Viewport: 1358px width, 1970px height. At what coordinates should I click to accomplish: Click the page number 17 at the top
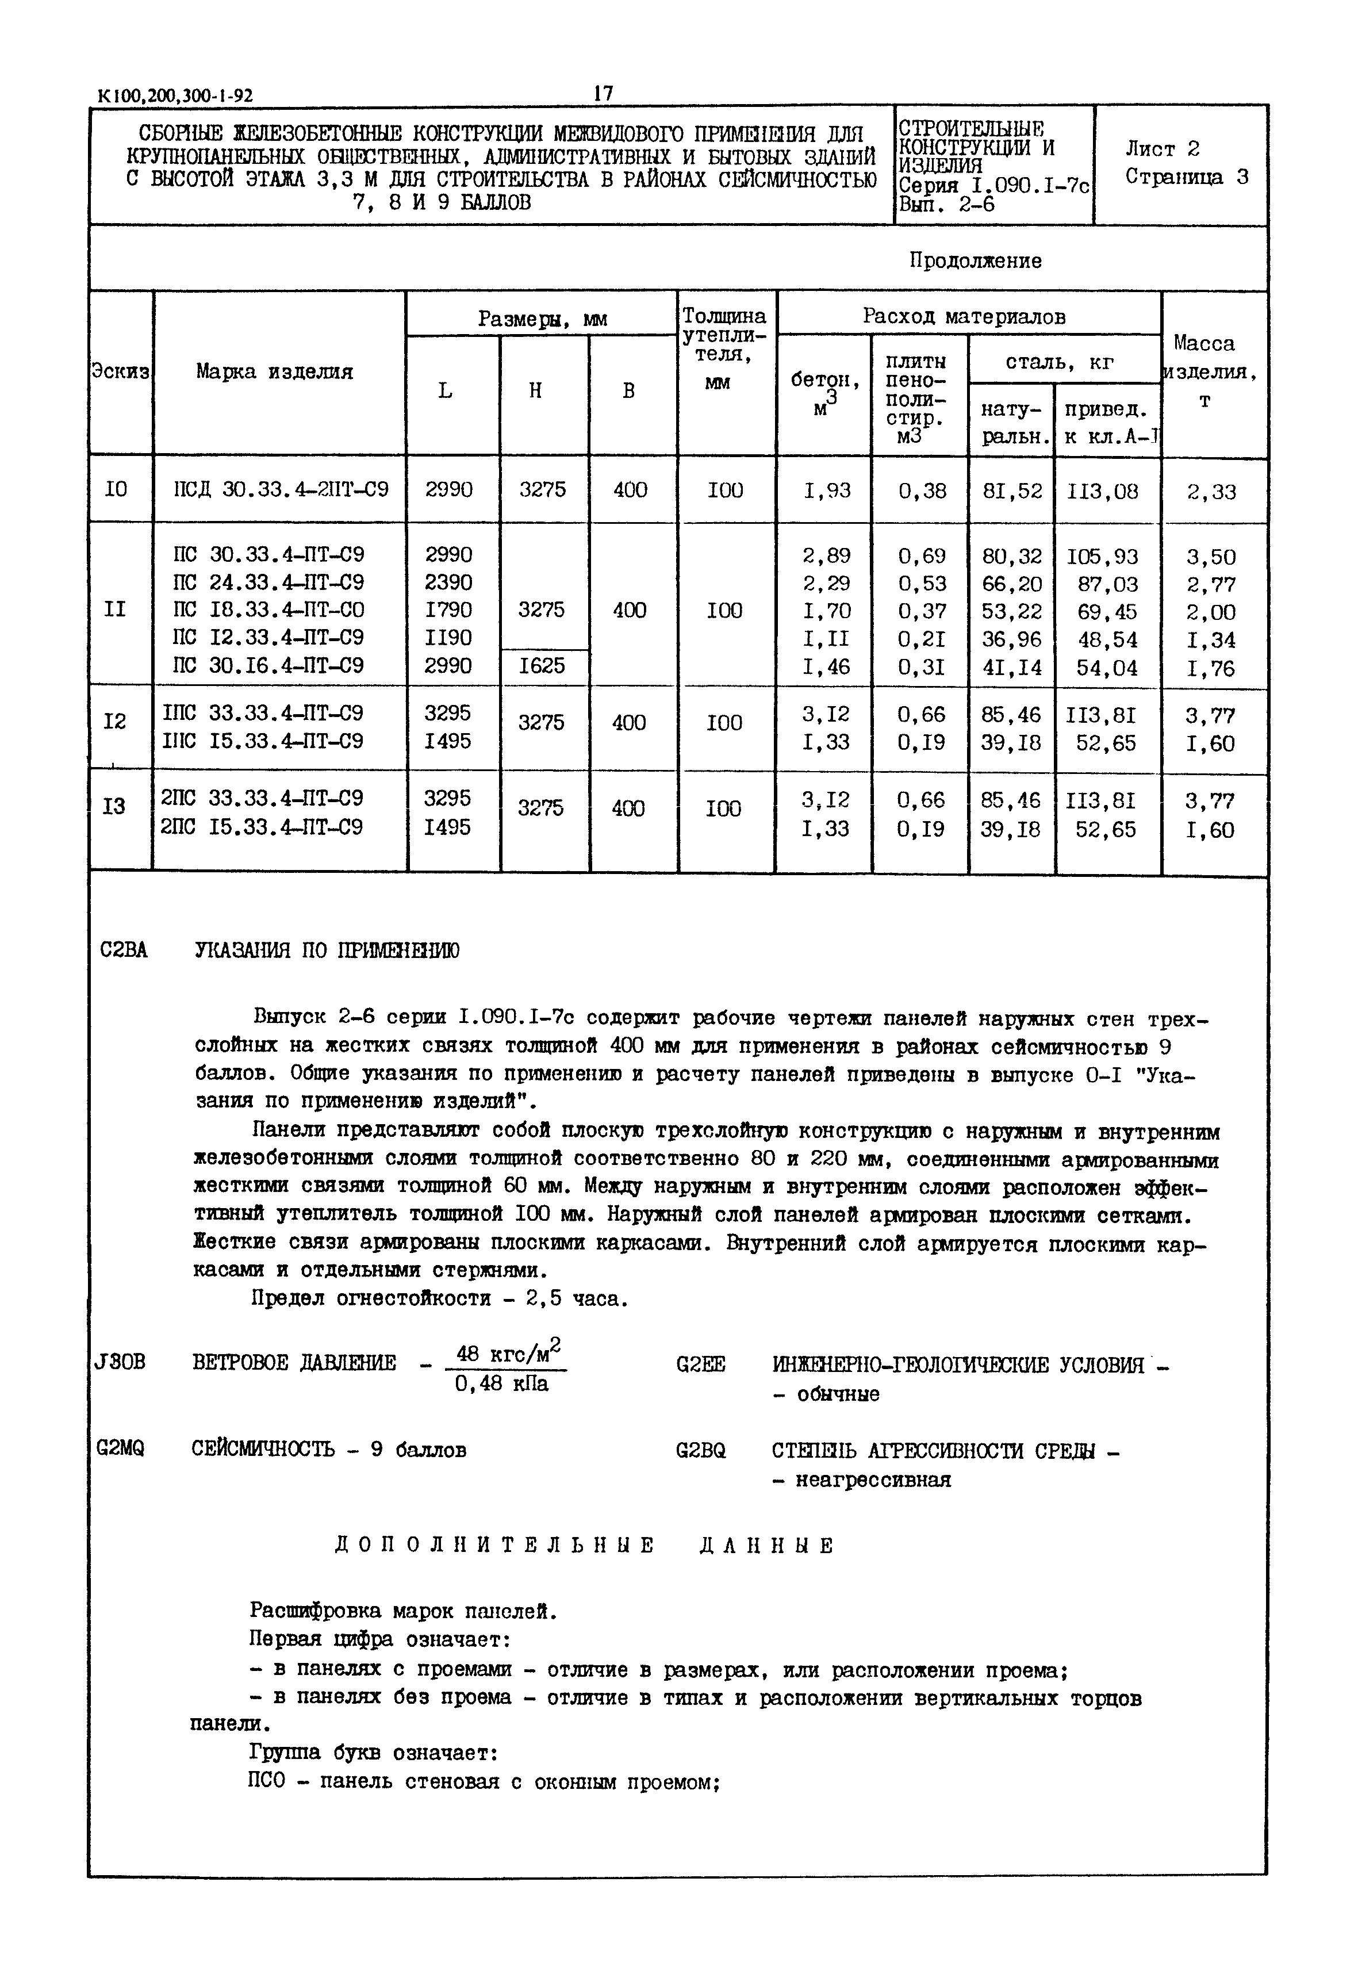[x=603, y=93]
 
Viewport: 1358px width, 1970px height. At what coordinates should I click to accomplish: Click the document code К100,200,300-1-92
[x=176, y=96]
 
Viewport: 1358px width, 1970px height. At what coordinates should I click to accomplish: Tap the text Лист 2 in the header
[x=1163, y=149]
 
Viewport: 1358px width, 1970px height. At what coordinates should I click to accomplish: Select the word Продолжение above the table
[x=975, y=260]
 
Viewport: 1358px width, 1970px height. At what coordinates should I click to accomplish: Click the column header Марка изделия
[x=274, y=372]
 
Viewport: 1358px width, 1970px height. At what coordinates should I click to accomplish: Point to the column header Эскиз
[x=121, y=372]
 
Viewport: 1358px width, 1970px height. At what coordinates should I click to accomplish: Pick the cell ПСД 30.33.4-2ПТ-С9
[x=281, y=489]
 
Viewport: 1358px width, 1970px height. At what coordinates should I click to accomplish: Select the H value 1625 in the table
[x=542, y=665]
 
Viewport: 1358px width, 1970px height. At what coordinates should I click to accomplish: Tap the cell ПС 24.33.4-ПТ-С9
[x=269, y=583]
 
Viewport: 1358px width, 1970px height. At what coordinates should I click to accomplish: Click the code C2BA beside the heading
[x=124, y=950]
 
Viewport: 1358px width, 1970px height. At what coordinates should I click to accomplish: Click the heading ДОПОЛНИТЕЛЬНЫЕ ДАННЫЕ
[x=585, y=1546]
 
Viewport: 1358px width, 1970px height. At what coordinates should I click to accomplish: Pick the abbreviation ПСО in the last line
[x=267, y=1780]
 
